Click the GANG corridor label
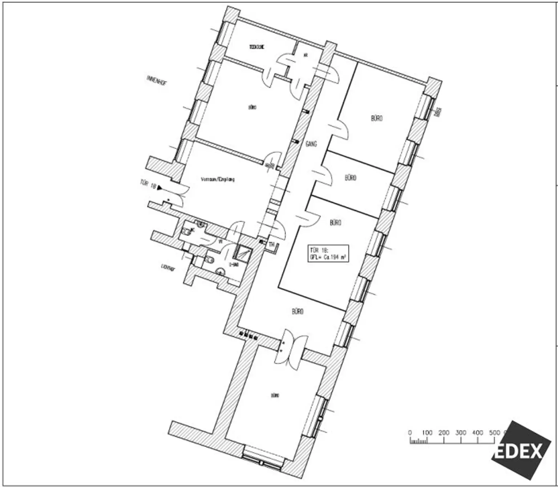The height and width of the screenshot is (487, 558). coord(311,144)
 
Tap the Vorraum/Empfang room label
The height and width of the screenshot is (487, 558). coord(218,179)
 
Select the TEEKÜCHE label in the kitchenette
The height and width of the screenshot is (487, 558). coord(256,47)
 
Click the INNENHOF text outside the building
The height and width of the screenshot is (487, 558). coord(157,81)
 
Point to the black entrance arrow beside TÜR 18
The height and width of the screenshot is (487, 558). coord(159,187)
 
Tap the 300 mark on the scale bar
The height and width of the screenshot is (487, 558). coord(461,433)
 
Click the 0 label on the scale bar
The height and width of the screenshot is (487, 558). coord(410,433)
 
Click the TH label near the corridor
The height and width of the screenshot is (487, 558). coord(271,245)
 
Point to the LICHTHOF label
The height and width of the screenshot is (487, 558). coord(168,268)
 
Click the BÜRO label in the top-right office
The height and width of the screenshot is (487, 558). coord(377,118)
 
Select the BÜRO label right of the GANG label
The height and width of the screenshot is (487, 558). coord(350,178)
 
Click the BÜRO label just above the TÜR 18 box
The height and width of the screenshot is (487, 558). coord(335,222)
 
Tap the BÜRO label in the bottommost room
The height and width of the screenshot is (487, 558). coord(275,396)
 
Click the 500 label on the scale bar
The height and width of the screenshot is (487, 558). coord(494,433)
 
